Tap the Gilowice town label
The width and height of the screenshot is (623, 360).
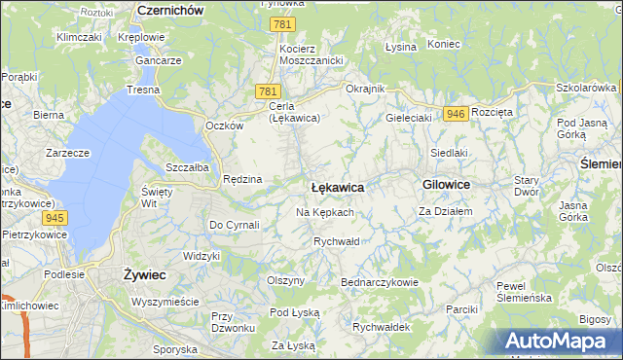point(447,184)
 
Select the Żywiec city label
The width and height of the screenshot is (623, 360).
point(144,275)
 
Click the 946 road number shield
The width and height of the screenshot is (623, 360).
point(455,114)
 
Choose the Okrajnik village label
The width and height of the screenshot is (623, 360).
point(366,89)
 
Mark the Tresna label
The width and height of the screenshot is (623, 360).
point(142,90)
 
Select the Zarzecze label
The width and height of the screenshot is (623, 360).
point(67,153)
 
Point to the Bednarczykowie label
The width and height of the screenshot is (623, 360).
point(379,282)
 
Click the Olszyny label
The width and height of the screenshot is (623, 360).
point(285,280)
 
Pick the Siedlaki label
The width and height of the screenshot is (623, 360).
point(450,153)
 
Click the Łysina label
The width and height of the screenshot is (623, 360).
point(400,46)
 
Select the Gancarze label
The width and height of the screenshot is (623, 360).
point(159,59)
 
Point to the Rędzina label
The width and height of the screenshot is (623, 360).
point(242,179)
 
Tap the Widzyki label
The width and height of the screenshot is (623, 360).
point(202,255)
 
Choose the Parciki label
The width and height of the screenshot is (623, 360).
point(459,308)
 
